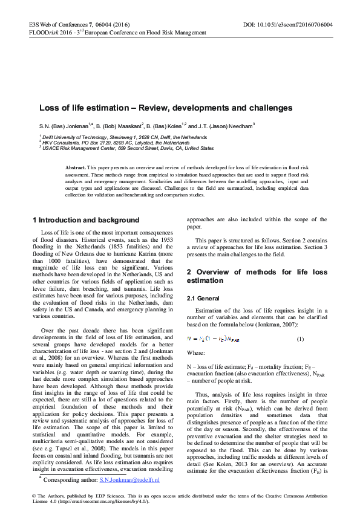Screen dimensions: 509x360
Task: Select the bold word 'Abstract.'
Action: (76, 166)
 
